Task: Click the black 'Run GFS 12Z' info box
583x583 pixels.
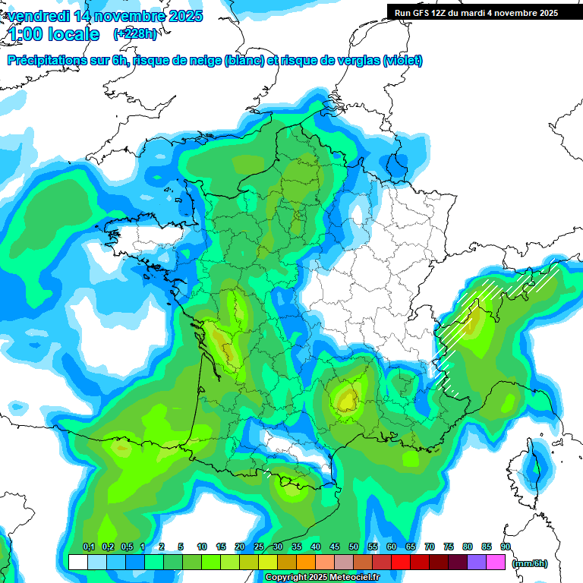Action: pos(475,12)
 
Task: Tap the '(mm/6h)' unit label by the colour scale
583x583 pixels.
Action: pos(531,563)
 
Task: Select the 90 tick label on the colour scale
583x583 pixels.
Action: pos(505,547)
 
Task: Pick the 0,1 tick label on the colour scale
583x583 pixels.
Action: pos(88,547)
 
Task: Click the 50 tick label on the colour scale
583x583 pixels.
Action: pos(354,547)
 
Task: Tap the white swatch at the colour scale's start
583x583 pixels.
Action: pos(77,563)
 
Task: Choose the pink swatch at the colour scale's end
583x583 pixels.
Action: pos(496,563)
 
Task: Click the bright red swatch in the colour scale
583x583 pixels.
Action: pos(401,563)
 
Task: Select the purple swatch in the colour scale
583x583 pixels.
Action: pos(477,563)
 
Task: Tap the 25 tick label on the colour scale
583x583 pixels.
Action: pos(259,547)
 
